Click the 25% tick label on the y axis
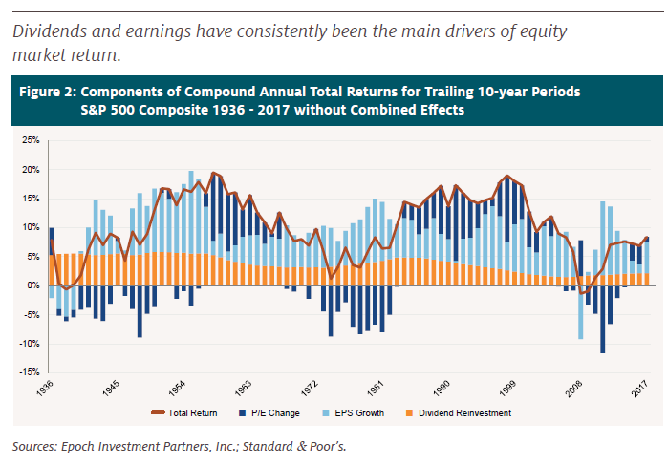pos(29,141)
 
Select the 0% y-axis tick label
pos(32,285)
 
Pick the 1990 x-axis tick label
pos(442,391)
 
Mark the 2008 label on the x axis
pos(575,391)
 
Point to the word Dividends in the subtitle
pos(48,32)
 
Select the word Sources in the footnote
pos(32,445)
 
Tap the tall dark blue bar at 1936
pos(52,241)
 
